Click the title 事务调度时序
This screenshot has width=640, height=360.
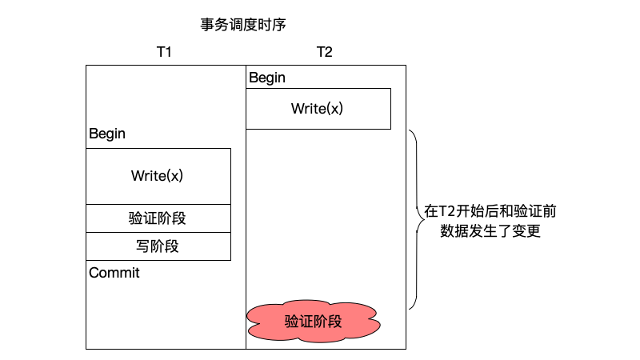click(x=243, y=25)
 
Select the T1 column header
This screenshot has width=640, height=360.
click(x=164, y=52)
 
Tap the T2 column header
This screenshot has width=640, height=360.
click(x=324, y=52)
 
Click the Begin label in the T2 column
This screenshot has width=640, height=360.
click(x=267, y=78)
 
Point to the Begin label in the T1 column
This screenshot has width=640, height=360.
click(x=107, y=134)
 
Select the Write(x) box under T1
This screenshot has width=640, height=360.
click(x=158, y=176)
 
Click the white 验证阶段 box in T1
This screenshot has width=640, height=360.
click(x=158, y=218)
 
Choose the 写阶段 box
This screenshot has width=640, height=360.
click(x=158, y=246)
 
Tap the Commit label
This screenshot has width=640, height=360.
click(x=114, y=273)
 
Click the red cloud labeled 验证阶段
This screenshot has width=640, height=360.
click(x=314, y=322)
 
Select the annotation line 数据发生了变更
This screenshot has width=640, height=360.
click(x=491, y=232)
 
